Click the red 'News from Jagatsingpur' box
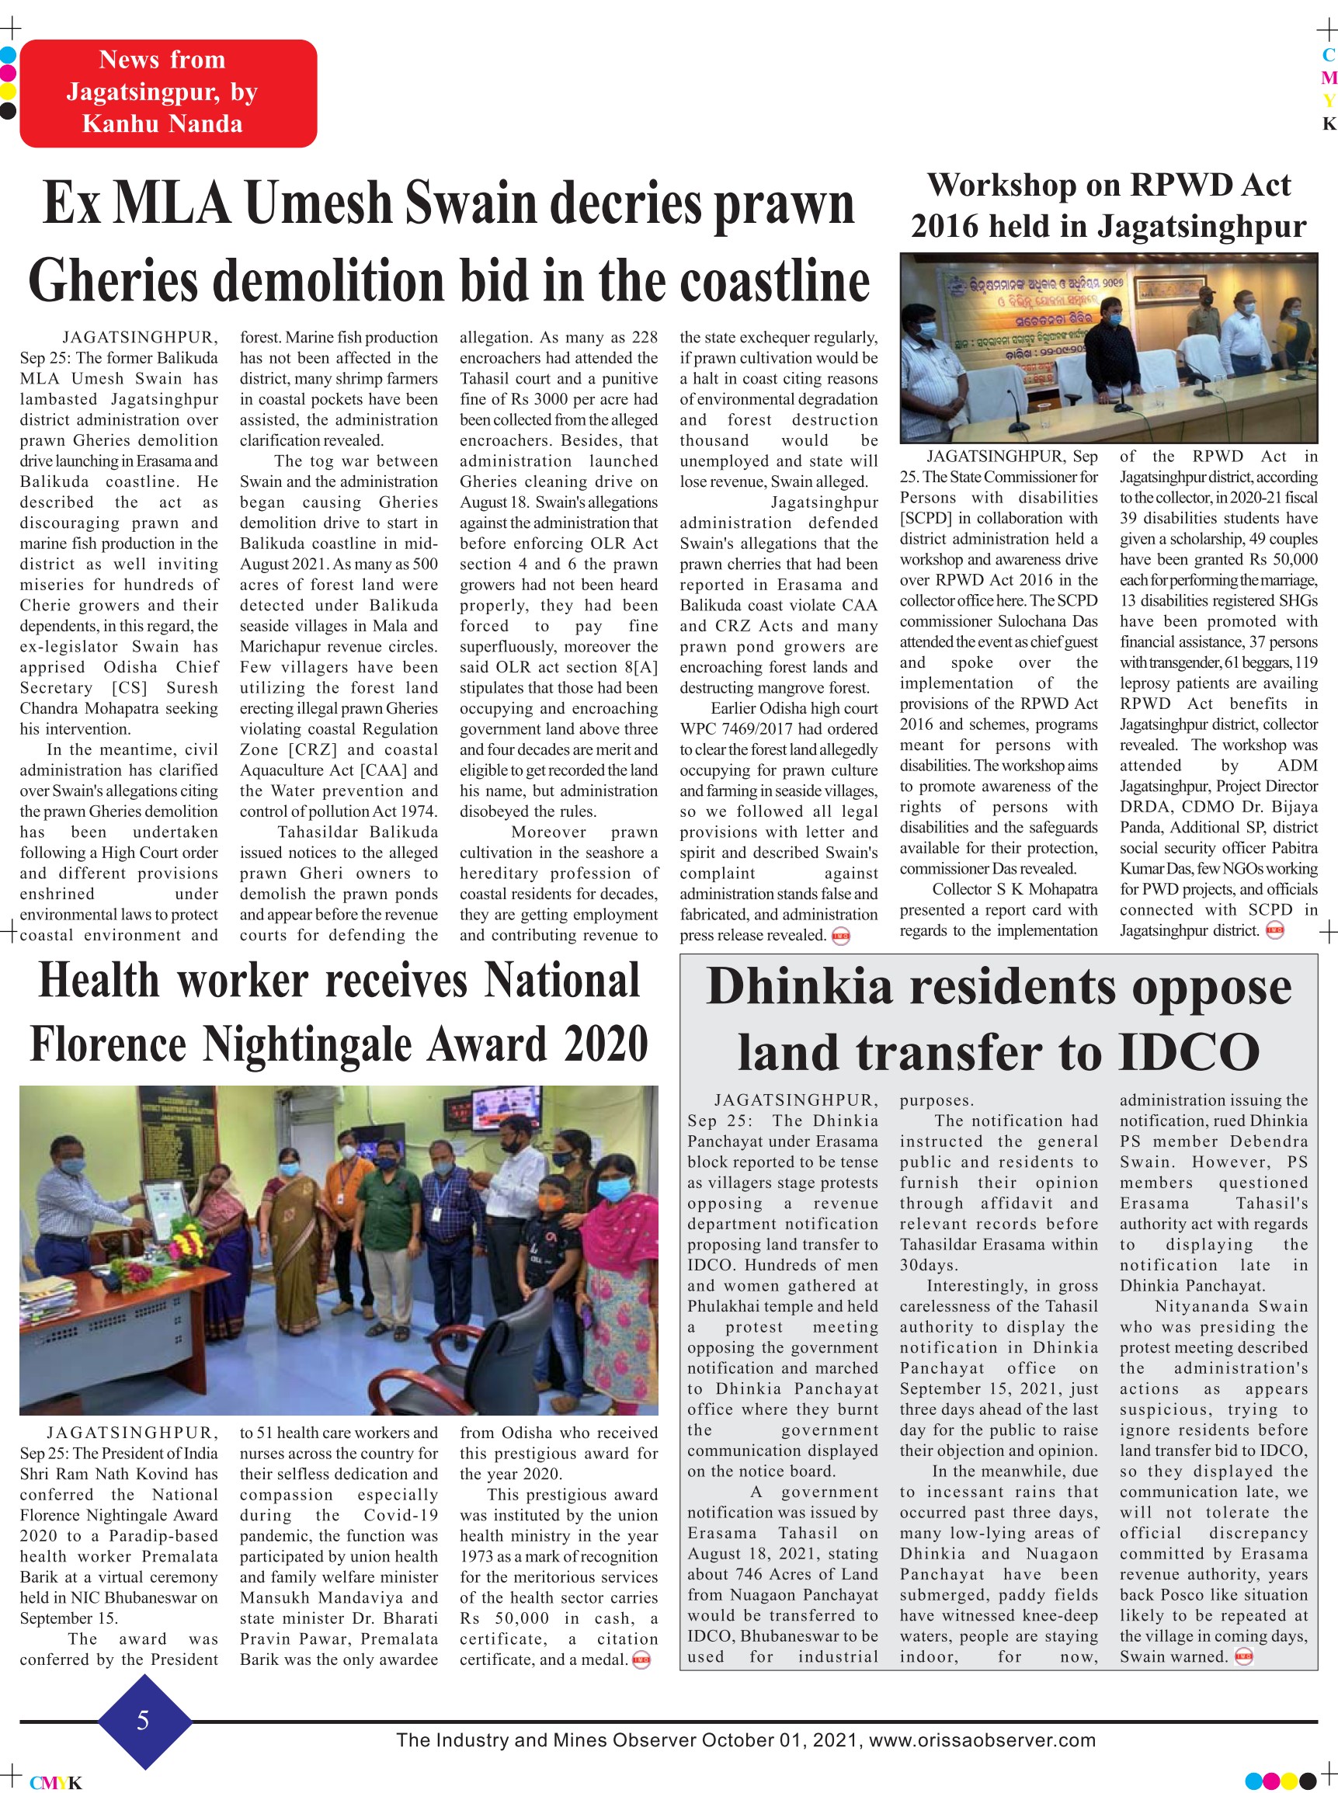click(168, 92)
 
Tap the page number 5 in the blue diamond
click(144, 1720)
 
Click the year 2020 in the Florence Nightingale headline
click(606, 1044)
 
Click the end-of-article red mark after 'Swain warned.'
click(1243, 1656)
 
